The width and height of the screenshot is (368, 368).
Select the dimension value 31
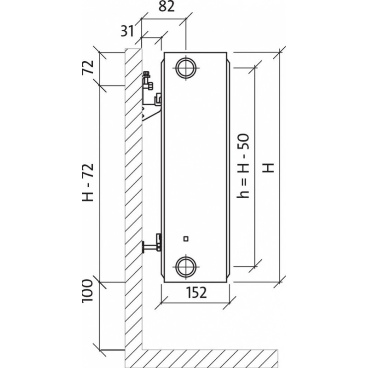(x=128, y=31)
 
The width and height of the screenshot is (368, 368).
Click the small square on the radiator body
(x=186, y=238)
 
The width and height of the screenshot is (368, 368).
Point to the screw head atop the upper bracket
(x=147, y=75)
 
